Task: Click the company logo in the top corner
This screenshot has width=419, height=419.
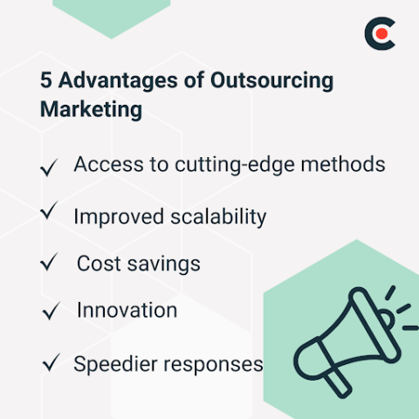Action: (380, 34)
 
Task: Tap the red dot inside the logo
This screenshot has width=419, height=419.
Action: (381, 34)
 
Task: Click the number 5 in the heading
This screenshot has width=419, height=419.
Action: (46, 81)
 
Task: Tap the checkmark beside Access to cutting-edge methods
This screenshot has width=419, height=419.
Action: (51, 167)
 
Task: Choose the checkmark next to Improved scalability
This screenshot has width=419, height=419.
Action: (51, 212)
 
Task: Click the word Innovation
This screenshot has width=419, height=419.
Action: (127, 310)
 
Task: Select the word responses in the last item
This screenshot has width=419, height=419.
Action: (214, 363)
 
